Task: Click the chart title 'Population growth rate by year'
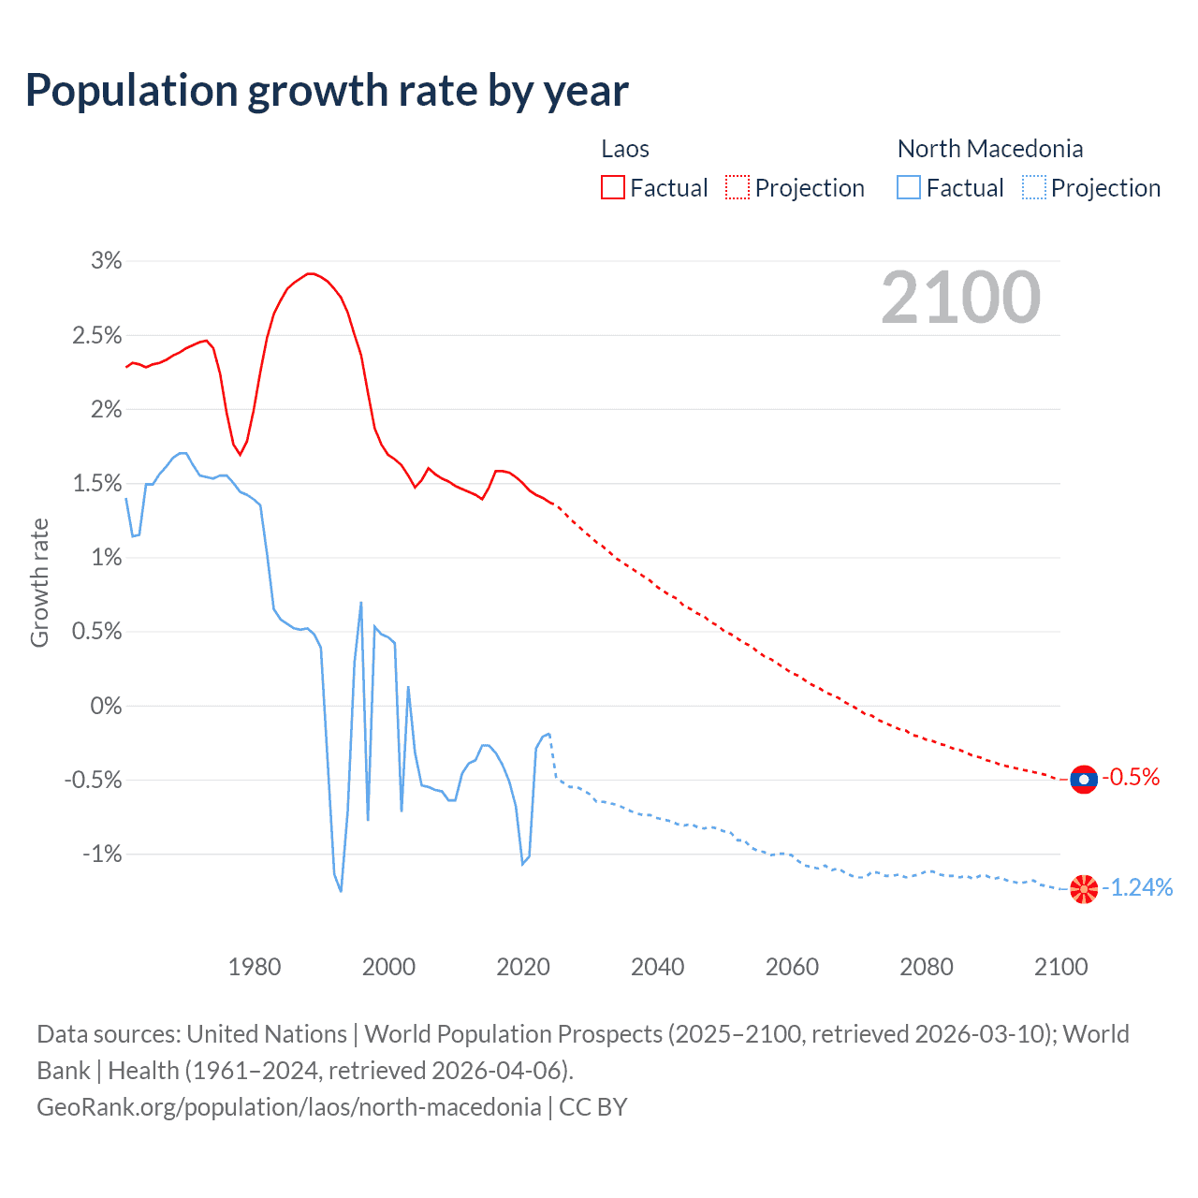tap(327, 91)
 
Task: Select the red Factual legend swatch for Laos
tap(612, 187)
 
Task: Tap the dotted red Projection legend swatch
tap(738, 187)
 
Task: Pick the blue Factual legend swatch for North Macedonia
tap(908, 187)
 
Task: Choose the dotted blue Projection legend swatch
tap(1033, 187)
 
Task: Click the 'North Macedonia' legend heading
tap(989, 149)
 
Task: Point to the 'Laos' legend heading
tap(624, 149)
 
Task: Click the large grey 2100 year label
tap(960, 298)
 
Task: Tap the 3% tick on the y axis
tap(107, 261)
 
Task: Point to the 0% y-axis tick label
tap(106, 706)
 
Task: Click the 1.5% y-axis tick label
tap(97, 484)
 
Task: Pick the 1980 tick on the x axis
tap(255, 967)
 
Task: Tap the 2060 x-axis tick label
tap(792, 967)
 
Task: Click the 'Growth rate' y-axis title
tap(39, 583)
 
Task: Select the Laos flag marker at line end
tap(1083, 779)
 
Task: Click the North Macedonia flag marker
tap(1083, 888)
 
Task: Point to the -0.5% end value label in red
tap(1131, 778)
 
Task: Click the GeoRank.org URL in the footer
tap(288, 1107)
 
